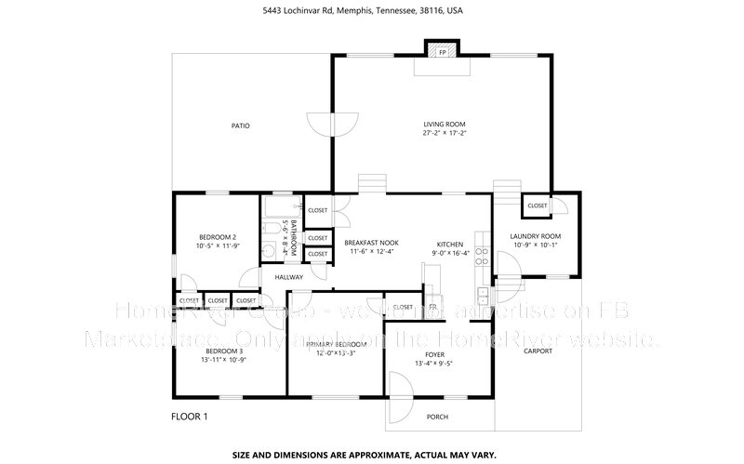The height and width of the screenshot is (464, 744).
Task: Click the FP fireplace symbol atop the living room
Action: coord(442,52)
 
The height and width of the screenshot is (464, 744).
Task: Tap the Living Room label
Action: coord(444,125)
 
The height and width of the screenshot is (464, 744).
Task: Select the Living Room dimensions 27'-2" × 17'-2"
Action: coord(444,134)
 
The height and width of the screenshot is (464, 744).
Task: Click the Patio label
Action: coord(240,126)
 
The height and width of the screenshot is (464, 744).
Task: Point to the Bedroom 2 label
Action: coord(217,236)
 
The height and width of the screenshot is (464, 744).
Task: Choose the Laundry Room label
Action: coord(535,236)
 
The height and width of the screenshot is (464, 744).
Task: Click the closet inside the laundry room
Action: coord(538,205)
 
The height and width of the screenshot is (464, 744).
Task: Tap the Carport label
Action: coord(538,351)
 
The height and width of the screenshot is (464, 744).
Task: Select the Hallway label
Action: coord(289,276)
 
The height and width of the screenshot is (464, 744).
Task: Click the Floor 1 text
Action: coord(190,416)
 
